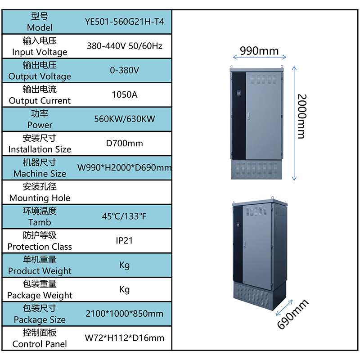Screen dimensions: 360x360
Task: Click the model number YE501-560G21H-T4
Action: (125, 22)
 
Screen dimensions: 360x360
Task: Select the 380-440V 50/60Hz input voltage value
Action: (125, 46)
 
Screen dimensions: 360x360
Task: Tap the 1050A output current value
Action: (125, 94)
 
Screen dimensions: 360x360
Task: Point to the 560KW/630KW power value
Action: (125, 119)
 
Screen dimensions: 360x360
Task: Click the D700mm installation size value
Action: (125, 143)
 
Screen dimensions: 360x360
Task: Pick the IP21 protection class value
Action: (124, 241)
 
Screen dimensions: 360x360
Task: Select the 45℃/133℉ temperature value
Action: (124, 216)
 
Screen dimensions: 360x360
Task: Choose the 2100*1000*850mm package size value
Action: (125, 314)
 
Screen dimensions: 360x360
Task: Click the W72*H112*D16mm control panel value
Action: (125, 338)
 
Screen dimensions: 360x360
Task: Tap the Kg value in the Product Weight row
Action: (125, 265)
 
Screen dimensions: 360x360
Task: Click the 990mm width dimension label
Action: (259, 51)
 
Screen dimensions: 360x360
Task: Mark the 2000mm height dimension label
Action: (302, 117)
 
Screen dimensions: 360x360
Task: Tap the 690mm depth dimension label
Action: (293, 314)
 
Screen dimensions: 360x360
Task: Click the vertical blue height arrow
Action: (294, 123)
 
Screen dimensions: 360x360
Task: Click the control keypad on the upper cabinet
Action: (239, 94)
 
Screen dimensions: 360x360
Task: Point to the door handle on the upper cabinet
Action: (249, 116)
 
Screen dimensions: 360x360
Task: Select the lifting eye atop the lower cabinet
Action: (273, 198)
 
